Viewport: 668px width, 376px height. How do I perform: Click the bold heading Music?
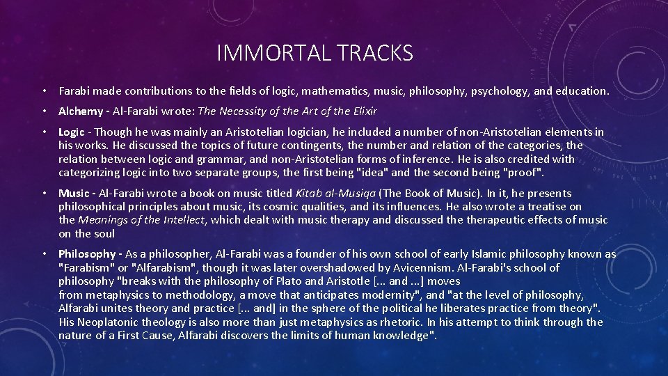[x=73, y=194]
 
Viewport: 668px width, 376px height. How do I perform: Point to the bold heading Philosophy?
[x=86, y=254]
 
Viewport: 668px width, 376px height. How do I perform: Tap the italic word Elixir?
[x=363, y=111]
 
